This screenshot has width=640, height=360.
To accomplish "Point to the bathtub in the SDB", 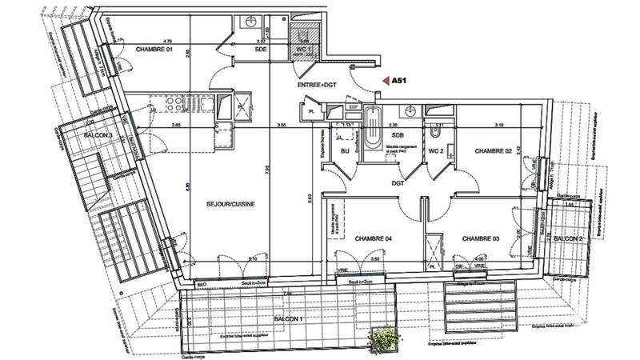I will point(374,128).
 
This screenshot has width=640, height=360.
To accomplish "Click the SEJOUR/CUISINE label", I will point(230,205).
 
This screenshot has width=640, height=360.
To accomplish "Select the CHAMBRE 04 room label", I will point(370,238).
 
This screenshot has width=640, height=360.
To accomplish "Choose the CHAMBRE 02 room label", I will point(494,150).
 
